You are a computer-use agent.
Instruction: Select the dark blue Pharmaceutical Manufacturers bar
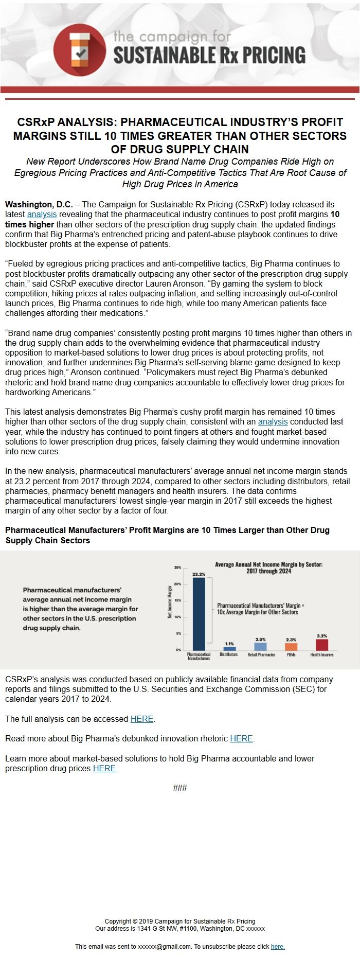(199, 614)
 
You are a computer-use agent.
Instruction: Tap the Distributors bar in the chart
(229, 649)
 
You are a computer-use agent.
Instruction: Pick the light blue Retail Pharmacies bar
(261, 646)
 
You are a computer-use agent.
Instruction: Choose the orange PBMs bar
(291, 647)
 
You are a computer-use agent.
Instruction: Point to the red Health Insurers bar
(322, 645)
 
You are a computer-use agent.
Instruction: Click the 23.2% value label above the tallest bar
(199, 574)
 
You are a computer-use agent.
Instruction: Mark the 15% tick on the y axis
(178, 600)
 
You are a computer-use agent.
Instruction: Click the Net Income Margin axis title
(170, 601)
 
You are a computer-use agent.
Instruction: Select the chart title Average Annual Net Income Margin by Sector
(268, 567)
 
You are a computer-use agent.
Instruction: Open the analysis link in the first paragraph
(42, 215)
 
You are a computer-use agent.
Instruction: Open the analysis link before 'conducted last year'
(273, 422)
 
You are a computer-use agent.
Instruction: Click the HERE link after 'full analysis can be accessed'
(142, 719)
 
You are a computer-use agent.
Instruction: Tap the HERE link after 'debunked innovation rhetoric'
(241, 738)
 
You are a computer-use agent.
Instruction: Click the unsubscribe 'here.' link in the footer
(278, 946)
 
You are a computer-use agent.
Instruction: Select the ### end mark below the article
(180, 788)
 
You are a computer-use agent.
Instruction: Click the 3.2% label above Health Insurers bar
(322, 636)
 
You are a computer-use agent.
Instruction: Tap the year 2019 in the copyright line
(146, 921)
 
